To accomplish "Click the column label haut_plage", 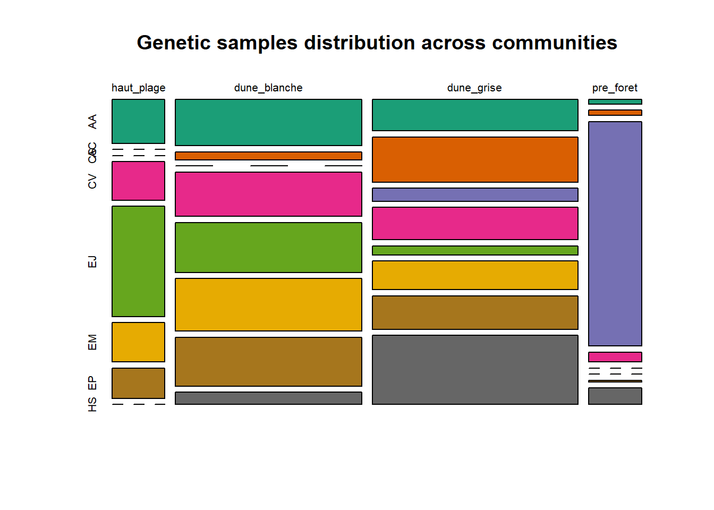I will point(138,88).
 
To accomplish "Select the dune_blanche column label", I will point(268,88).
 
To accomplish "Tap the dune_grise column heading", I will point(474,88).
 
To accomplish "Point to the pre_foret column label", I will point(615,88).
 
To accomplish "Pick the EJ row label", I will point(92,261).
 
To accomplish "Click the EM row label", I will point(92,342).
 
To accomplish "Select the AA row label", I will point(92,121).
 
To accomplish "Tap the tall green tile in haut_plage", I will point(138,261).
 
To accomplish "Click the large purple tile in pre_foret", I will point(615,234).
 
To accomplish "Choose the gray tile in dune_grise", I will point(475,370).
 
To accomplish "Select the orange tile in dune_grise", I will point(475,159).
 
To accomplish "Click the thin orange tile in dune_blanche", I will point(268,156).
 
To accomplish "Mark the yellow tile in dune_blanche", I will point(268,304).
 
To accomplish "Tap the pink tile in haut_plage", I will point(138,181).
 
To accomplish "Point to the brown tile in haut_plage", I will point(138,383).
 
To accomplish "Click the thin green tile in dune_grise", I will point(475,250).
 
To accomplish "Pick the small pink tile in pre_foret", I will point(615,357).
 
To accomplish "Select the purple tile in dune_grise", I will point(475,194).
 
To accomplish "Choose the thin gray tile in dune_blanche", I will point(268,398).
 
